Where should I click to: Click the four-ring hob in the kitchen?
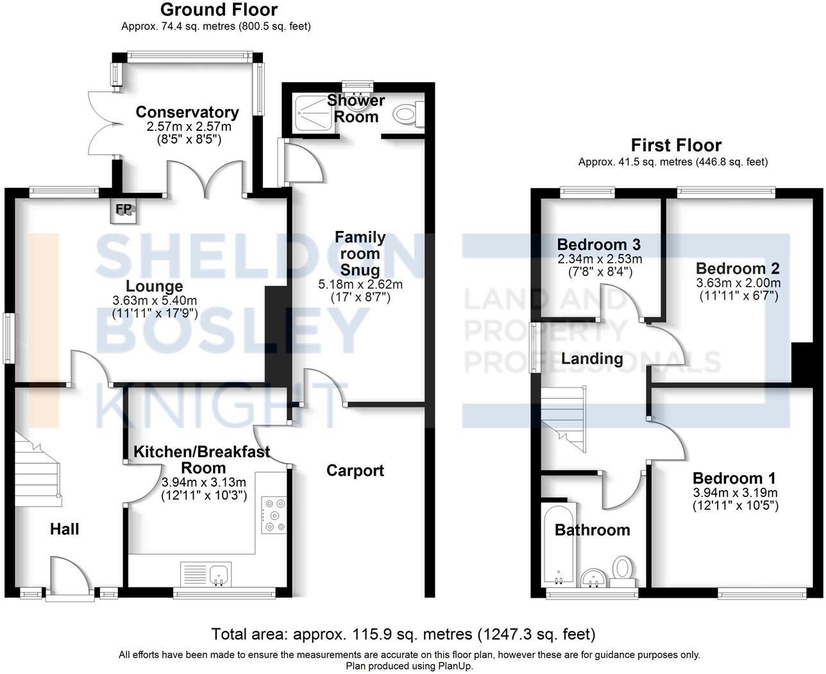(x=274, y=515)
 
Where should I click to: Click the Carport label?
(x=355, y=471)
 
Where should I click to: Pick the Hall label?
(x=65, y=529)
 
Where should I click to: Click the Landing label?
(x=592, y=358)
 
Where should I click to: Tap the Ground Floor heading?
(x=219, y=10)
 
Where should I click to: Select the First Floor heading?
(x=676, y=146)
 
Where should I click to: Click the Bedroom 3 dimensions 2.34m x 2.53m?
(x=600, y=259)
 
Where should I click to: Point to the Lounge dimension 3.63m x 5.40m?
(x=154, y=301)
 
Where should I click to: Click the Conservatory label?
(x=187, y=112)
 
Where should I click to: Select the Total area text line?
(x=404, y=635)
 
